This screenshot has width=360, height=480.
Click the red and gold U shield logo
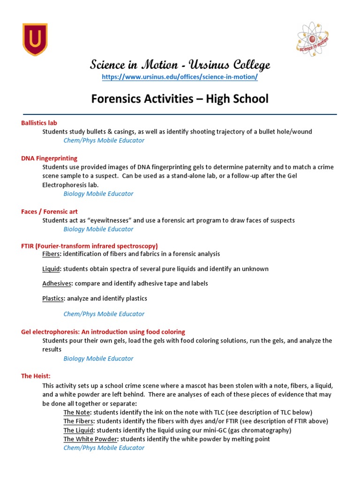click(35, 40)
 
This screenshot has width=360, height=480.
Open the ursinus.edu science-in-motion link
click(180, 77)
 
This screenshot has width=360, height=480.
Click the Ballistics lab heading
click(39, 123)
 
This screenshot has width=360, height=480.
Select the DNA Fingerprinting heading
click(49, 158)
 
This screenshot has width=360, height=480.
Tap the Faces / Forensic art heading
click(49, 211)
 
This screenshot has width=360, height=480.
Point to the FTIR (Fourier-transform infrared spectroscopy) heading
click(89, 246)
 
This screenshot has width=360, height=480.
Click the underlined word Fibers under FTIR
click(51, 254)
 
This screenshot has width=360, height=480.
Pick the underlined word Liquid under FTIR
click(51, 269)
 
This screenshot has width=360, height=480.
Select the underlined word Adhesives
click(56, 284)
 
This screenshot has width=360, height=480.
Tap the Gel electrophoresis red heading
click(103, 332)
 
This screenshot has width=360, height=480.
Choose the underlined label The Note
click(76, 412)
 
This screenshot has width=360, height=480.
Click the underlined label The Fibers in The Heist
click(78, 421)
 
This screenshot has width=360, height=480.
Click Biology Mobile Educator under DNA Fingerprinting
click(98, 194)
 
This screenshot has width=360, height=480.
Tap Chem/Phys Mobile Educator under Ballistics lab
click(104, 141)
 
